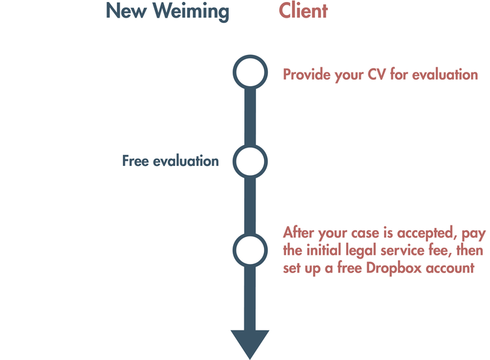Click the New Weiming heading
coord(167,11)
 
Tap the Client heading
coord(303,11)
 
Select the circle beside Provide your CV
coord(250,73)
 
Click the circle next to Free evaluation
coord(250,161)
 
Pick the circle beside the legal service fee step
coord(250,249)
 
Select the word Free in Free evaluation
coord(135,161)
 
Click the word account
coord(452,268)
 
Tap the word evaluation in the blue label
coord(186,161)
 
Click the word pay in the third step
coord(466,233)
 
